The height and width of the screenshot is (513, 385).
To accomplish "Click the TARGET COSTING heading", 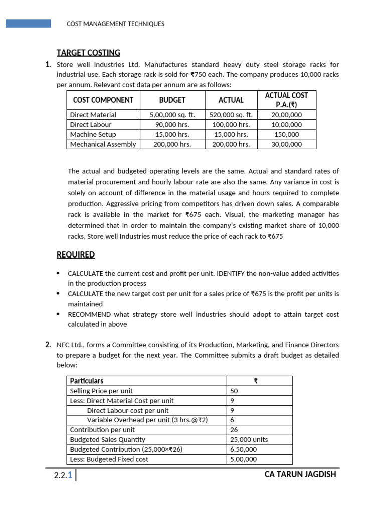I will click(x=88, y=53).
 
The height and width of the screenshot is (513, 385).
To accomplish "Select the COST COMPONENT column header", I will click(x=103, y=100).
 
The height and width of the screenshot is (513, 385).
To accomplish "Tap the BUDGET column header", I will click(x=172, y=100).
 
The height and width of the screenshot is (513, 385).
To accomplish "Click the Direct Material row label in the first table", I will click(x=93, y=115).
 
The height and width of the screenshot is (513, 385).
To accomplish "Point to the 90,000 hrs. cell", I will click(x=172, y=124).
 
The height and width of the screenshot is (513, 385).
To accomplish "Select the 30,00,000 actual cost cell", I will click(x=286, y=144).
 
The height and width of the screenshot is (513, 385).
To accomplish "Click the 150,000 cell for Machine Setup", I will click(x=286, y=134).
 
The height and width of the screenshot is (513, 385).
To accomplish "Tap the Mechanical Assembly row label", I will click(x=103, y=144).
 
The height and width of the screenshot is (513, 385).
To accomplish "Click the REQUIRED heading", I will click(x=76, y=254).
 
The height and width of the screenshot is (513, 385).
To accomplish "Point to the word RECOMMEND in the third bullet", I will click(x=88, y=314).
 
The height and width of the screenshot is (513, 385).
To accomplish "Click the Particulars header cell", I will click(x=87, y=381).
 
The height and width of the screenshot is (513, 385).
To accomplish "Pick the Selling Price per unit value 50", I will click(x=234, y=391).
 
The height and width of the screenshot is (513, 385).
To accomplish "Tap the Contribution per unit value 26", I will click(x=234, y=430).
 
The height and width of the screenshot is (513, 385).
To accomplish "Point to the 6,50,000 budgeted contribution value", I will click(x=243, y=449).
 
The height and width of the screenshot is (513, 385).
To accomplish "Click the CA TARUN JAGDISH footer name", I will click(x=300, y=474).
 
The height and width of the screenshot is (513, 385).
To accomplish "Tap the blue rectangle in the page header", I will click(x=28, y=23).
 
